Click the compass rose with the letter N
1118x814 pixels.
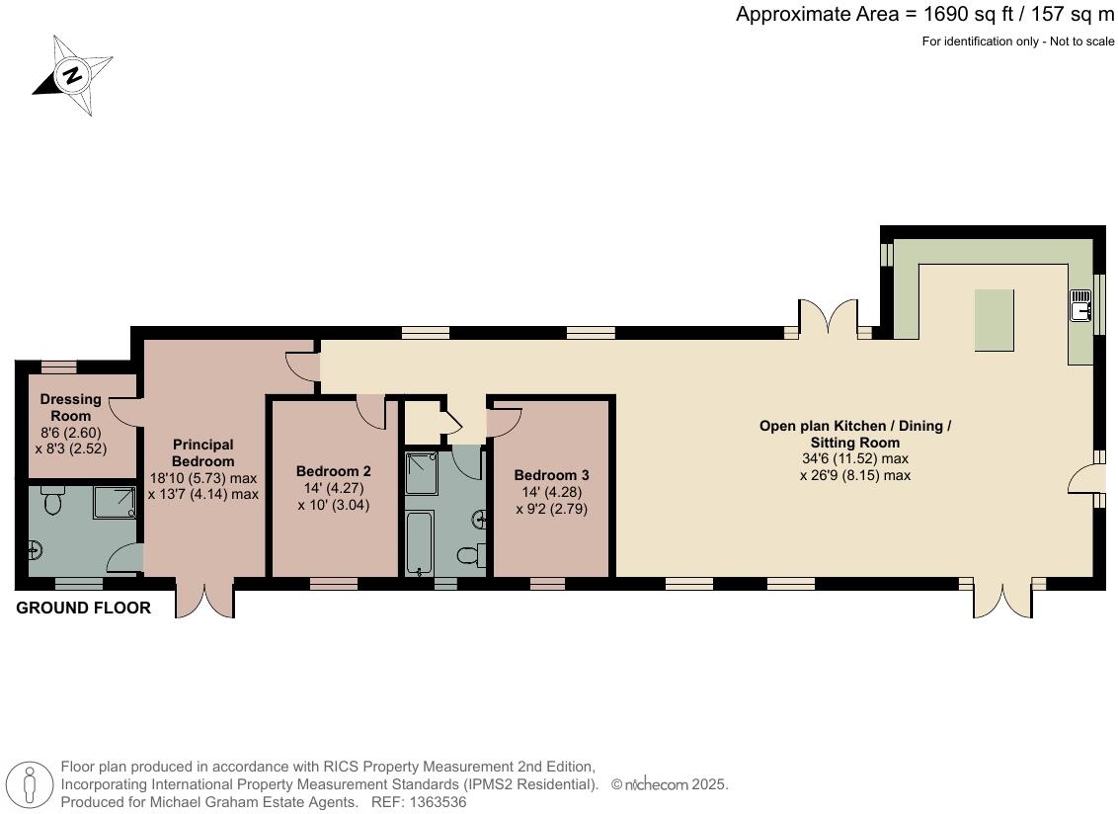(x=71, y=75)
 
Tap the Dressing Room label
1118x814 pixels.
(x=70, y=407)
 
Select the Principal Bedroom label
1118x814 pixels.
(x=202, y=452)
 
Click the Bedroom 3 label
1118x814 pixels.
(x=551, y=475)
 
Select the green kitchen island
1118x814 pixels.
(x=994, y=319)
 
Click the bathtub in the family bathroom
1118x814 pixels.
(x=420, y=542)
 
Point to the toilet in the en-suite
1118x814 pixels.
(x=52, y=503)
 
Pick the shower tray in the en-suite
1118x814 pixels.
(x=115, y=502)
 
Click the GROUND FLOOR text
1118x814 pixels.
(x=84, y=608)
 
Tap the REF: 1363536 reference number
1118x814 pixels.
(x=420, y=802)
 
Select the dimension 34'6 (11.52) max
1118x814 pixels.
(x=854, y=458)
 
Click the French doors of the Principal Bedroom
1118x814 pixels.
(x=204, y=600)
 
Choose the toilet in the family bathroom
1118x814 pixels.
(x=472, y=556)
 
